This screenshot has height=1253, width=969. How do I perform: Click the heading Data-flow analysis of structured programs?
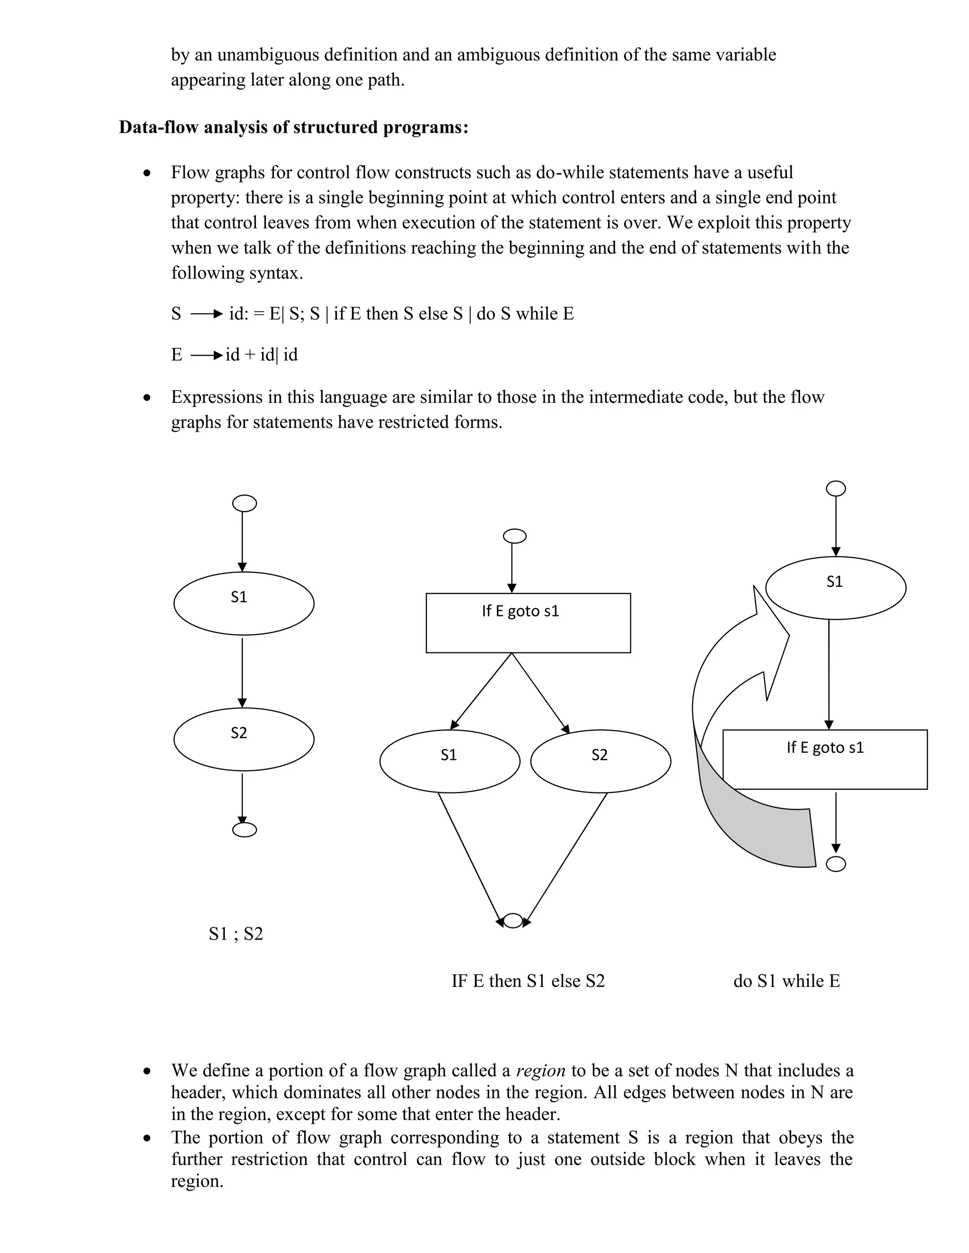click(x=293, y=127)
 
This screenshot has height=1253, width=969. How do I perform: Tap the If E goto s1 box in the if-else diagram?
click(x=528, y=623)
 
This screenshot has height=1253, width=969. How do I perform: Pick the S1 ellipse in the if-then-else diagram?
click(x=449, y=761)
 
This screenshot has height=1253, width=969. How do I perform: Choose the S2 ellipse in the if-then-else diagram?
click(x=600, y=761)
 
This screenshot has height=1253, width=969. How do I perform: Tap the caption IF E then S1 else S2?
click(x=528, y=981)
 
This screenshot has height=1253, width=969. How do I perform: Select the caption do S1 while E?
click(x=786, y=981)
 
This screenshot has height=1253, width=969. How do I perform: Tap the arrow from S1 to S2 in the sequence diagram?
click(x=242, y=671)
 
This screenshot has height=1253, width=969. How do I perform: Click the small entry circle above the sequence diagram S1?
click(x=244, y=503)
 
